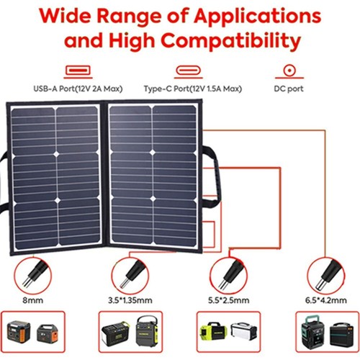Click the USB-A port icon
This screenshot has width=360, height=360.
78,71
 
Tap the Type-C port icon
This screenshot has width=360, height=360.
189,71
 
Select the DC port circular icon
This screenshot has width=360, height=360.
289,71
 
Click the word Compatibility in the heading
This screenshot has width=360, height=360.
231,40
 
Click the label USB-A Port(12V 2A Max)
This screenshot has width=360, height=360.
78,89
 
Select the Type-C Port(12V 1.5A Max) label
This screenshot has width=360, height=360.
193,89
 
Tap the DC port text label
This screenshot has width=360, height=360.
289,89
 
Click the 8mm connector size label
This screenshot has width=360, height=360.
33,300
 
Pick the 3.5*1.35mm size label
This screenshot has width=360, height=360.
130,300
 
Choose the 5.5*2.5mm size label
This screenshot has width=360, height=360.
228,300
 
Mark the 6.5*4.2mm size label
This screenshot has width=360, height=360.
326,300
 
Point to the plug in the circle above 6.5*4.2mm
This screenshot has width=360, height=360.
328,274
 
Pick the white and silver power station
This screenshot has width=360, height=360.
243,332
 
